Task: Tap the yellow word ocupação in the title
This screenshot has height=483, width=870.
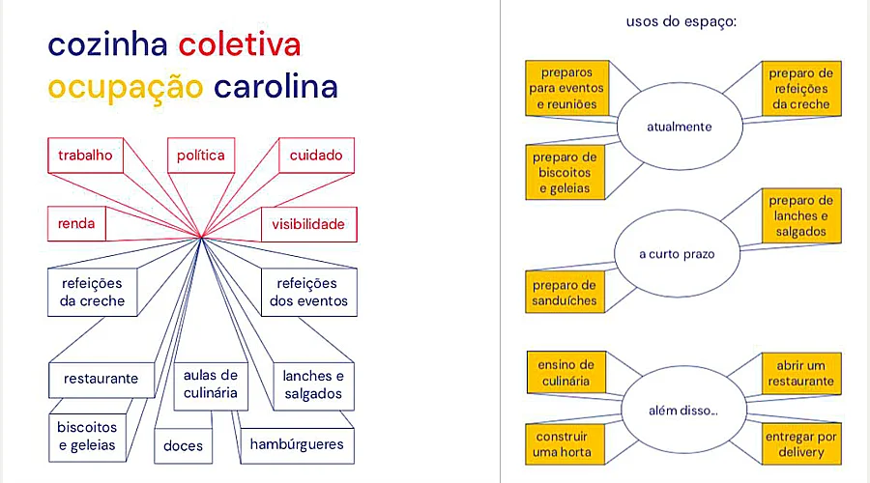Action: click(x=126, y=87)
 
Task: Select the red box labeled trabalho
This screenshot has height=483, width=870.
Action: click(x=85, y=156)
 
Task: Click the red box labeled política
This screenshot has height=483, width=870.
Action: click(x=201, y=156)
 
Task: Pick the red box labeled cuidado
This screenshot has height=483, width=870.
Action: click(x=316, y=156)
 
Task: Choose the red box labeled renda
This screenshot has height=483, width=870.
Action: click(x=76, y=225)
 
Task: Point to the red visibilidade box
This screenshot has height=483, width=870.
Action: click(x=307, y=225)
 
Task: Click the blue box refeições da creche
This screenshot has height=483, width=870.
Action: click(x=93, y=292)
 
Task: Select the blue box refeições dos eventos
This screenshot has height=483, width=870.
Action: click(x=308, y=292)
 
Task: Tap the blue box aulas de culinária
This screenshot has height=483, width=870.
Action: click(x=210, y=384)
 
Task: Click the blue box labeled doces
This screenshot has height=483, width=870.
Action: click(x=183, y=444)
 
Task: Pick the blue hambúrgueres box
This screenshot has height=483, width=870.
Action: click(x=296, y=444)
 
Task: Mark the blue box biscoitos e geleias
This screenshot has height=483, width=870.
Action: click(x=86, y=436)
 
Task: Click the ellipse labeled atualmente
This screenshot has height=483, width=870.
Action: click(x=679, y=127)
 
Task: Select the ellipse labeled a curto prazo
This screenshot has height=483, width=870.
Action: click(x=677, y=254)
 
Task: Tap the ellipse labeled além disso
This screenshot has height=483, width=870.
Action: click(x=682, y=412)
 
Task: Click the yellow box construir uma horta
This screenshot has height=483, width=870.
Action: click(x=562, y=444)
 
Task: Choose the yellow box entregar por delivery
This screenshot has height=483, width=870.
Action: click(x=800, y=444)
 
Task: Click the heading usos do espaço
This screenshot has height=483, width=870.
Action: click(x=681, y=20)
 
